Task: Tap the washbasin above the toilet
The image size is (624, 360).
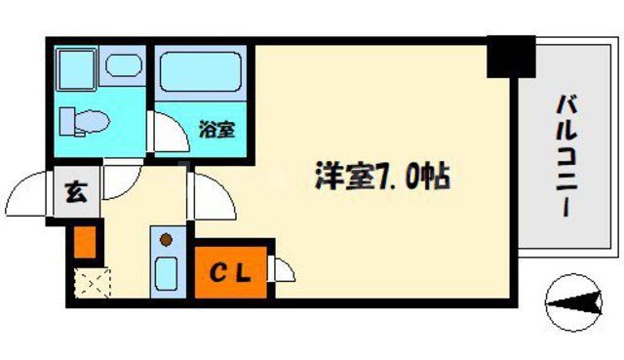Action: [x=123, y=66]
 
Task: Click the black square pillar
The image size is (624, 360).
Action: [x=511, y=58]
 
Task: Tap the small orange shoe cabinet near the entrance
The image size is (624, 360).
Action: [x=85, y=242]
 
